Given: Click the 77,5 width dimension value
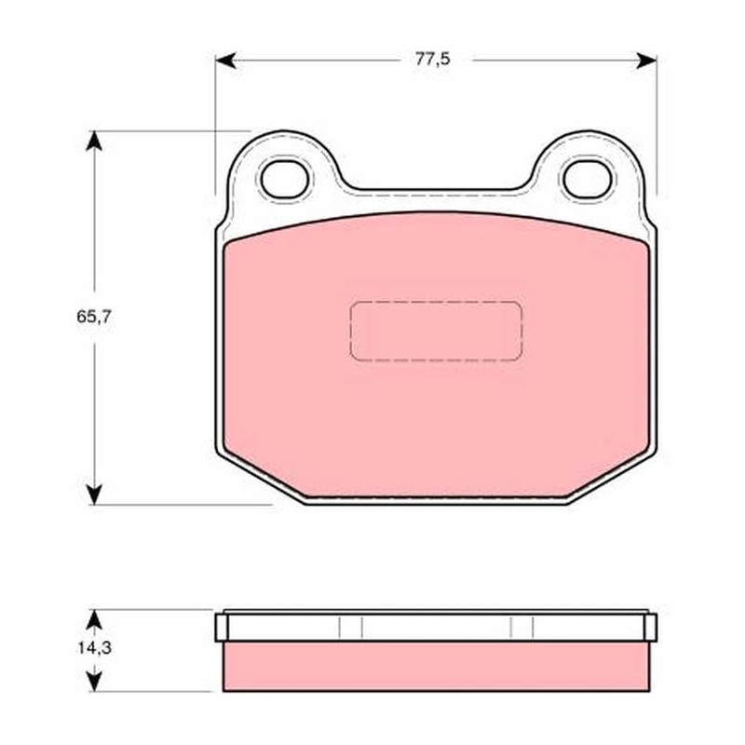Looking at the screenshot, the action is tap(432, 60).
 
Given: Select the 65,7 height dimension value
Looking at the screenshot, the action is tap(94, 317).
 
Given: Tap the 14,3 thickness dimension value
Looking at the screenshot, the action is tap(95, 647).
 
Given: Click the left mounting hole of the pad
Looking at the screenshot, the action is tap(285, 179).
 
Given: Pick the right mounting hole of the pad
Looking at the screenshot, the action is tap(588, 179).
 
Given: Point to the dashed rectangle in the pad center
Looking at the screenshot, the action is tap(436, 331).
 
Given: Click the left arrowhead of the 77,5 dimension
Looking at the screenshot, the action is tap(225, 61).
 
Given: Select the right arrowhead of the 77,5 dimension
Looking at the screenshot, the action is tap(646, 61).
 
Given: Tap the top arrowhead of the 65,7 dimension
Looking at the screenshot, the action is tap(94, 142).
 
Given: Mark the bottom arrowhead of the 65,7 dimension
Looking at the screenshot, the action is tap(95, 494).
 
